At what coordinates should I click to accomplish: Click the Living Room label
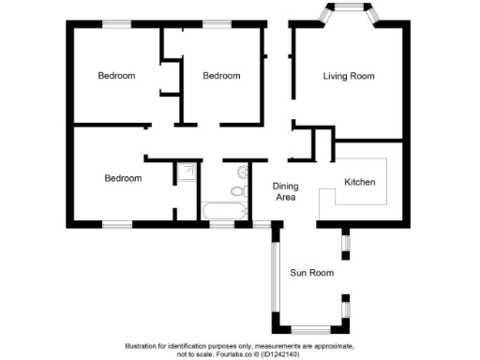click(x=349, y=76)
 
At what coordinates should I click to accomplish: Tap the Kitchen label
click(x=360, y=181)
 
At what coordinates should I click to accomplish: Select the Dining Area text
click(x=285, y=192)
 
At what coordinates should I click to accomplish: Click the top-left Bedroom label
click(x=117, y=76)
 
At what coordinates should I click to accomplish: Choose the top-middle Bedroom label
click(x=221, y=76)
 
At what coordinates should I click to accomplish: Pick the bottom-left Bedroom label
click(x=123, y=178)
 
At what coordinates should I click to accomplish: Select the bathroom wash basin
click(x=243, y=172)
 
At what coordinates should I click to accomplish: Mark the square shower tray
click(x=187, y=172)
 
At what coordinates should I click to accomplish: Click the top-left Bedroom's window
click(x=117, y=22)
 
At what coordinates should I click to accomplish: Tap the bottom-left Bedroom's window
click(x=116, y=224)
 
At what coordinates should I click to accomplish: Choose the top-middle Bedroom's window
click(x=217, y=22)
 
